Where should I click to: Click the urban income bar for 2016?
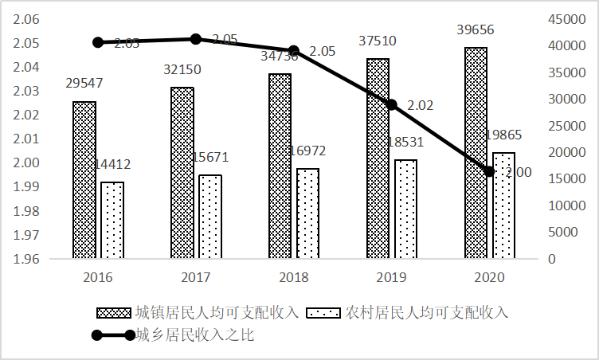pos(84,180)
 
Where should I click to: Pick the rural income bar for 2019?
pos(405,209)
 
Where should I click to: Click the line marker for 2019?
pos(391,104)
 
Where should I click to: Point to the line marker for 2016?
pos(98,42)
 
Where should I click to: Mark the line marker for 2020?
pos(489,171)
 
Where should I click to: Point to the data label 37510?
pos(378,41)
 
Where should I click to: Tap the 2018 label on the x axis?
pos(294,278)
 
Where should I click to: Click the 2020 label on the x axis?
pos(489,278)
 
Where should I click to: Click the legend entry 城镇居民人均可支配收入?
pos(206,311)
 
